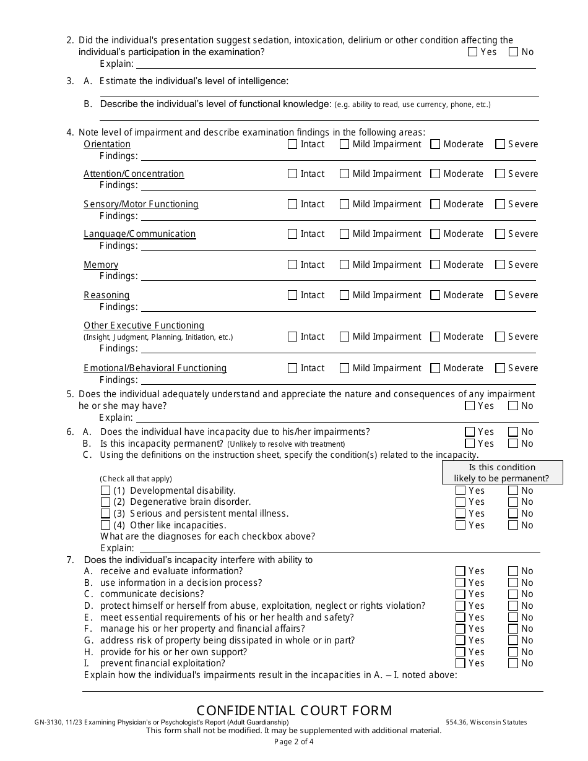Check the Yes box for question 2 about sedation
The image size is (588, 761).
pyautogui.click(x=473, y=52)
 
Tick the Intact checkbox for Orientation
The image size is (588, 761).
pyautogui.click(x=293, y=144)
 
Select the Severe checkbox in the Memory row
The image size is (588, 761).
pyautogui.click(x=500, y=265)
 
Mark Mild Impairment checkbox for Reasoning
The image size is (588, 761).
pyautogui.click(x=345, y=295)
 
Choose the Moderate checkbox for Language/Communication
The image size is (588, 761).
pyautogui.click(x=435, y=234)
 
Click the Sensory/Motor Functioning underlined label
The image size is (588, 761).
pyautogui.click(x=141, y=204)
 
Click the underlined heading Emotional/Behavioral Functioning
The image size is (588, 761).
pyautogui.click(x=155, y=368)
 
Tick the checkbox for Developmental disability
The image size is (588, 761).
pyautogui.click(x=106, y=491)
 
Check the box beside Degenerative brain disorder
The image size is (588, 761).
pyautogui.click(x=106, y=502)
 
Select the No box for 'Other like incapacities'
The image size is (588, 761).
pyautogui.click(x=513, y=525)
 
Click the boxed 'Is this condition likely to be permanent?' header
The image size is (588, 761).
pyautogui.click(x=502, y=473)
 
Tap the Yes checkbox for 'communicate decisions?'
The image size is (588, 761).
pyautogui.click(x=460, y=594)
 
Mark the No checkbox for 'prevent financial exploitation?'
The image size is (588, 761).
pyautogui.click(x=513, y=663)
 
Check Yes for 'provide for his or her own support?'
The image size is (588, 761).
pyautogui.click(x=460, y=652)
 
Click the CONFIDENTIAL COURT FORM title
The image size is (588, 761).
pyautogui.click(x=294, y=710)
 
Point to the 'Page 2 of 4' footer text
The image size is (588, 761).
pyautogui.click(x=294, y=742)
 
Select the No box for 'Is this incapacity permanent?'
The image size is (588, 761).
pyautogui.click(x=513, y=444)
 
